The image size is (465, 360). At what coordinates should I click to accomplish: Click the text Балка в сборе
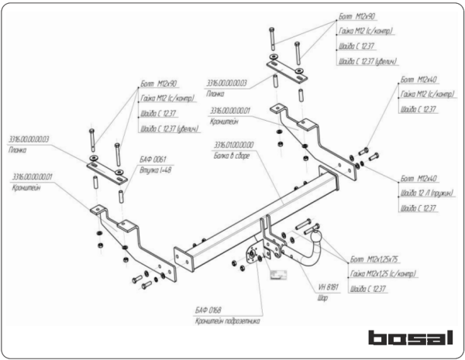(x=236, y=155)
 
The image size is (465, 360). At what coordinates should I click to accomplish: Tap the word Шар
(x=322, y=297)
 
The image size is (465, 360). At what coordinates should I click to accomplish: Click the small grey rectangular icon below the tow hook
(x=277, y=272)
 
